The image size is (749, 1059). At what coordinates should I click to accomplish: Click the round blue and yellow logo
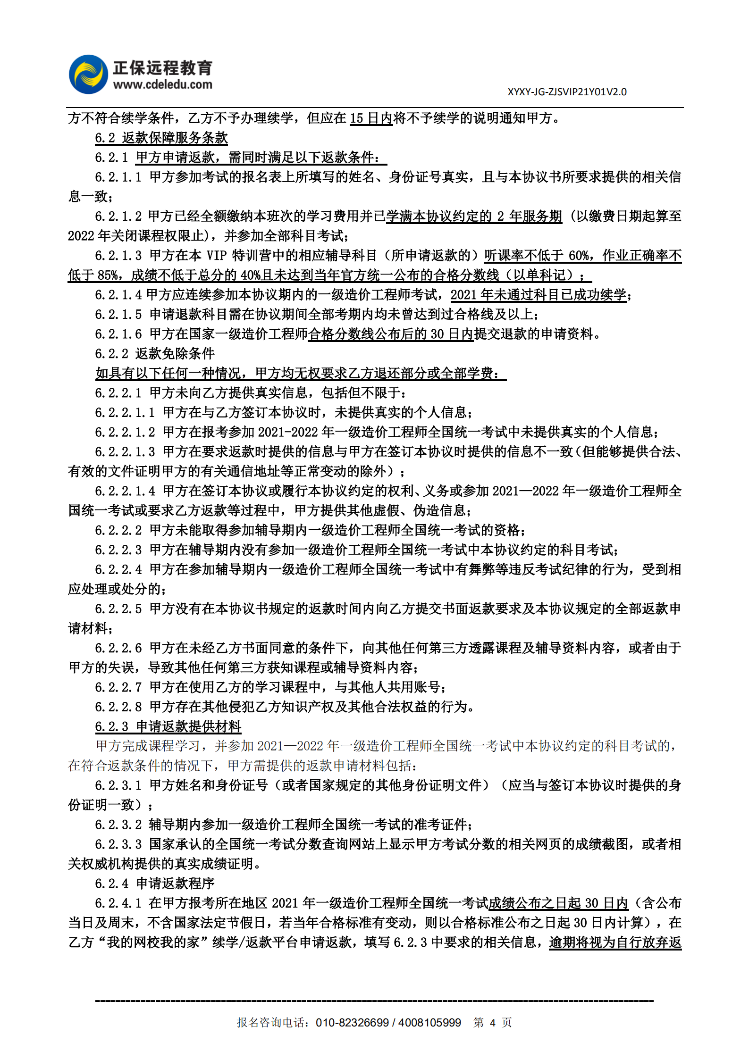88,74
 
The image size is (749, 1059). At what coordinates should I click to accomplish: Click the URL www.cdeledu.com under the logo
162,85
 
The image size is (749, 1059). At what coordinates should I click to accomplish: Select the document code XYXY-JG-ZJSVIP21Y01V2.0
567,92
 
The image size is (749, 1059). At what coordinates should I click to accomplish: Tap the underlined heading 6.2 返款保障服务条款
161,138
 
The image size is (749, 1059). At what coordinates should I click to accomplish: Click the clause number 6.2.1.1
118,177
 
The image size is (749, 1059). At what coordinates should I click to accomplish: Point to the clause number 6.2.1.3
118,256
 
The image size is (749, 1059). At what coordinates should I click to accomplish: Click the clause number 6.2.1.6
118,334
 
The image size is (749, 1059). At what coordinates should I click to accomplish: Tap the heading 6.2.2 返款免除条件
155,353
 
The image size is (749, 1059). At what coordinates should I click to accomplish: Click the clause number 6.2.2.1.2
125,432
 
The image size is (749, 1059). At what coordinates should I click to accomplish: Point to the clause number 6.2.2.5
118,609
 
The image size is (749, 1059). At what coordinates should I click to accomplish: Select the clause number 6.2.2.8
118,707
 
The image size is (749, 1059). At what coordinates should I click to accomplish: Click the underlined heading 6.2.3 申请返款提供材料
168,726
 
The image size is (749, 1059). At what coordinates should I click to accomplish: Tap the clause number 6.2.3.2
118,825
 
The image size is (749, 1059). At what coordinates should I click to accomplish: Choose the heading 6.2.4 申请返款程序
155,883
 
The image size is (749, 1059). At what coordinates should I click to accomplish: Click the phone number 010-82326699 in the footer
352,1023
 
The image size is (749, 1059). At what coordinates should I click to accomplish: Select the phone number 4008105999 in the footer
429,1023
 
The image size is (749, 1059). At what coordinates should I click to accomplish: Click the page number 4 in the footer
492,1023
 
